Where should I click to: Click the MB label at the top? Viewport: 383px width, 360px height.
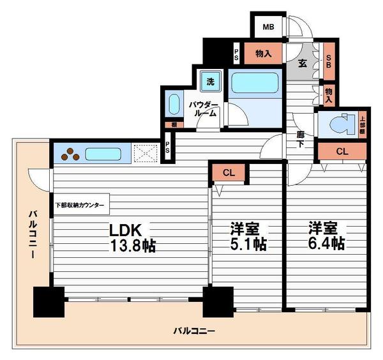point(268,27)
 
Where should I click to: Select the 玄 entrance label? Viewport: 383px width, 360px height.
point(303,63)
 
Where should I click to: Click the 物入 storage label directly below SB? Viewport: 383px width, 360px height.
point(329,95)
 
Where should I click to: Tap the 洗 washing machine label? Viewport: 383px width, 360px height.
point(209,81)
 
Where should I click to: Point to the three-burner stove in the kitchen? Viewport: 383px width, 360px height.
point(70,154)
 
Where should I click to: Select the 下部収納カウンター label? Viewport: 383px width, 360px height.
point(81,206)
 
